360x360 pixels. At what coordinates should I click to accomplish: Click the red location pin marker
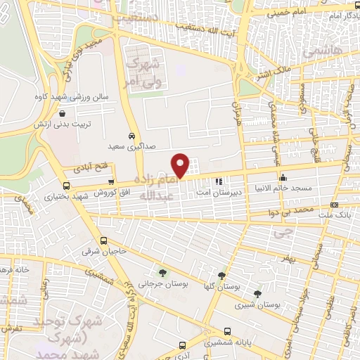click(181, 165)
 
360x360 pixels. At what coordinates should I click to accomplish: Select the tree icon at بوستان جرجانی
click(163, 272)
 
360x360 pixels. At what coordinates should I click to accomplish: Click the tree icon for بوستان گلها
click(221, 275)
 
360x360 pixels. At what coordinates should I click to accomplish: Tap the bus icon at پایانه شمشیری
click(227, 331)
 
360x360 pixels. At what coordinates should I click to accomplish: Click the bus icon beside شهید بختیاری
click(66, 186)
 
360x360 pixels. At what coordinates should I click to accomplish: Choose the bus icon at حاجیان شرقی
click(103, 240)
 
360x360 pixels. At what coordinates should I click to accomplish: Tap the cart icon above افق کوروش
click(110, 181)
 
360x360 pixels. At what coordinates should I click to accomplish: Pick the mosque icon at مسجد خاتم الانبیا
click(283, 178)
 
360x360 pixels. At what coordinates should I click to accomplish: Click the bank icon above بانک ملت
click(333, 205)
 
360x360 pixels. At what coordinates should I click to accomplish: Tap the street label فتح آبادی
click(88, 169)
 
